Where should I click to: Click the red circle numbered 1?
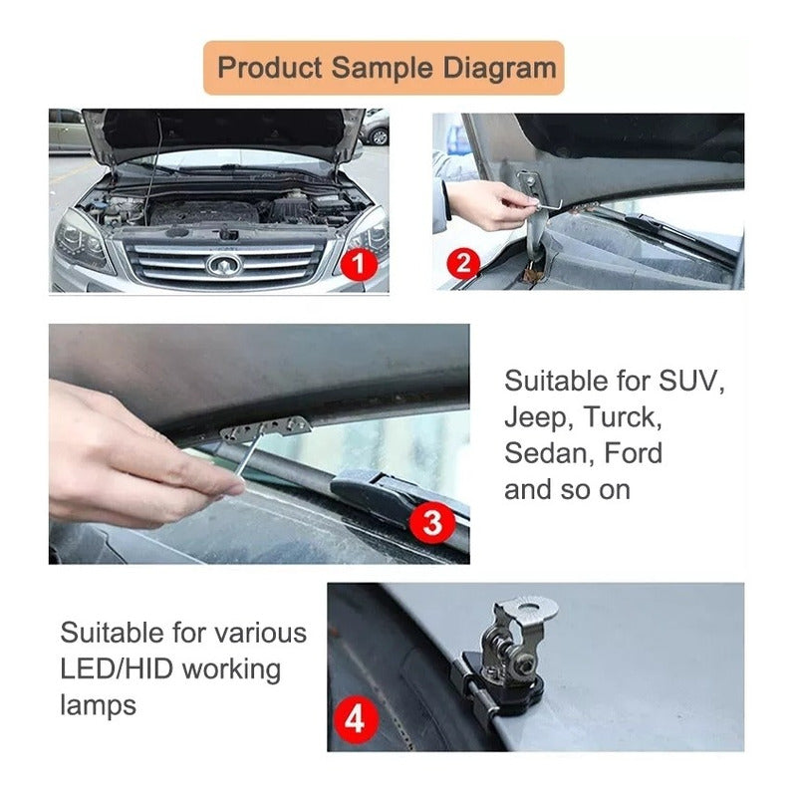[359, 264]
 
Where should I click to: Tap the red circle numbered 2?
[463, 264]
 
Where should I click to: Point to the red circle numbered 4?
[356, 719]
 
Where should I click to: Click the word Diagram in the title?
[500, 68]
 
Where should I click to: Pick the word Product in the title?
[270, 67]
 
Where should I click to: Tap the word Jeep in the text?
[536, 418]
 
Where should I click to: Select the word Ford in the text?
[634, 453]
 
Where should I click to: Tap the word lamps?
[98, 705]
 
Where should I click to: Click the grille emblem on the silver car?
[223, 265]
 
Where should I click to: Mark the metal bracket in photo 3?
[266, 427]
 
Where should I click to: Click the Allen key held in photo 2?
[546, 203]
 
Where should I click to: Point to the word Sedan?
[550, 453]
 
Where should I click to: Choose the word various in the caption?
[260, 634]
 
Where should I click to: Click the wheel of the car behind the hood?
[379, 136]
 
